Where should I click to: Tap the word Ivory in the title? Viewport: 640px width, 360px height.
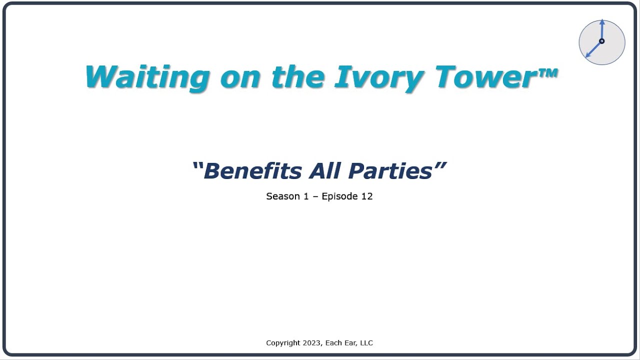click(x=378, y=77)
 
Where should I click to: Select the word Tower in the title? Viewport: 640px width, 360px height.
click(x=485, y=77)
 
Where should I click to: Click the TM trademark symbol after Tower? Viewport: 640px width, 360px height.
click(x=548, y=73)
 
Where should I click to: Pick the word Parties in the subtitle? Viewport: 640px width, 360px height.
click(x=390, y=170)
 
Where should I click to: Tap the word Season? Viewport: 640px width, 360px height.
click(x=280, y=196)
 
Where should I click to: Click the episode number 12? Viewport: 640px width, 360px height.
click(x=367, y=196)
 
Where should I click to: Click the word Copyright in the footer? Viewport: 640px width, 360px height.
click(x=283, y=343)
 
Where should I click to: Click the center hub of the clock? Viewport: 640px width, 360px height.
click(x=601, y=41)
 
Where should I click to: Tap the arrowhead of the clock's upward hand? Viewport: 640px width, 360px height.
click(x=602, y=22)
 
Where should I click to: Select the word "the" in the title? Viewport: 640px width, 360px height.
click(x=296, y=77)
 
